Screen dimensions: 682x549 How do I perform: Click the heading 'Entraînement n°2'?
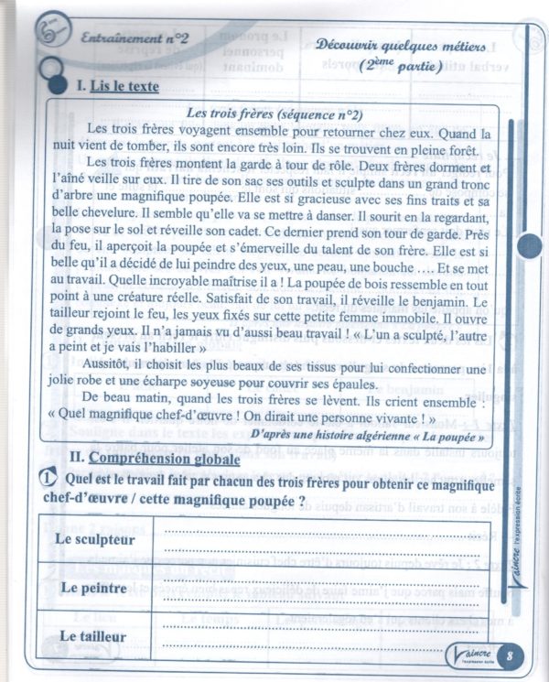coord(135,41)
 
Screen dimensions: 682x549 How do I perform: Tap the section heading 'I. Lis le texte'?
coord(118,87)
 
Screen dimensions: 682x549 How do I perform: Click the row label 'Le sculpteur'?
coord(94,539)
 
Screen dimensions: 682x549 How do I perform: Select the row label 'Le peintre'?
coord(94,586)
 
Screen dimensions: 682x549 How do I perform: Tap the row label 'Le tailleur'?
coord(94,634)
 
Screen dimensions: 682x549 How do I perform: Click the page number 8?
coord(509,655)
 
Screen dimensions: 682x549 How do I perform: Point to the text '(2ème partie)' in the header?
coord(400,66)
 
